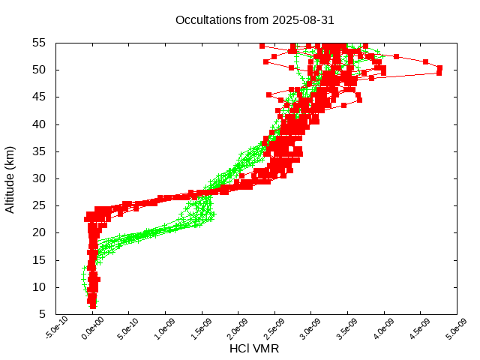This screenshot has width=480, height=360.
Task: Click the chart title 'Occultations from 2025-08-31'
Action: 254,20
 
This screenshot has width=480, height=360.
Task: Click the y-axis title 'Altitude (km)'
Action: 10,178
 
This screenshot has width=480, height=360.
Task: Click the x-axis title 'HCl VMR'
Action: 254,349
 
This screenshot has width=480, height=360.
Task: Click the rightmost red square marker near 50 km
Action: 439,68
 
